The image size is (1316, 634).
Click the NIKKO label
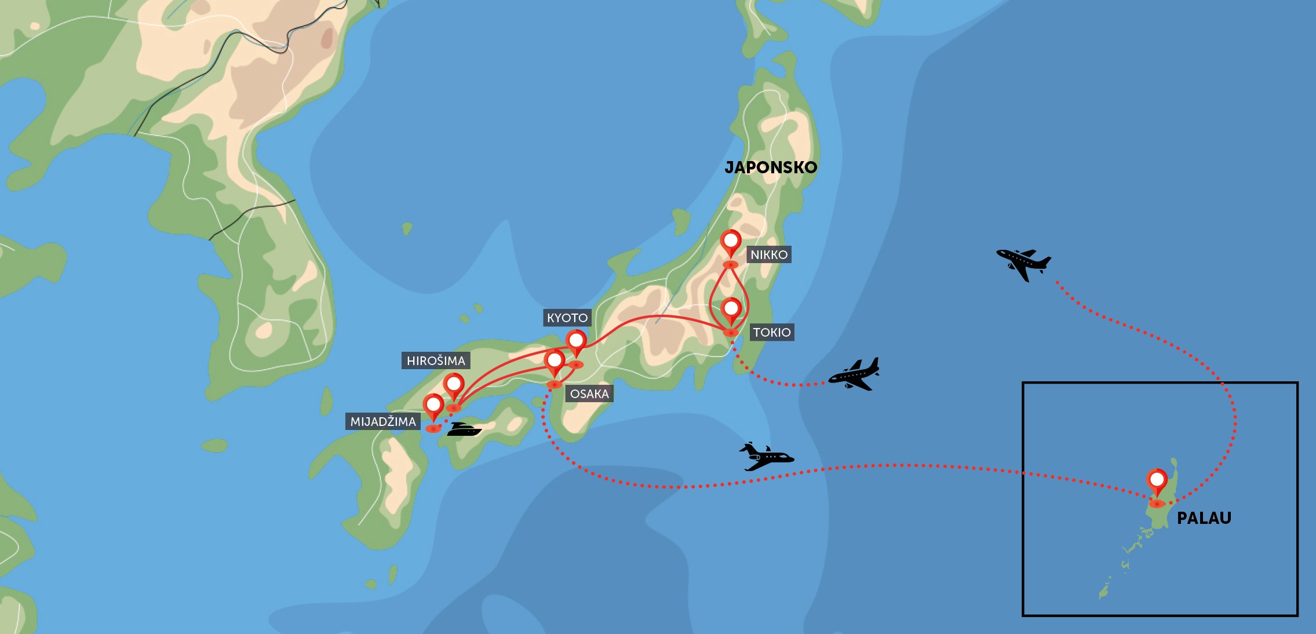point(768,254)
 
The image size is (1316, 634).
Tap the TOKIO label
point(771,332)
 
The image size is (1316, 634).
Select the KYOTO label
point(567,318)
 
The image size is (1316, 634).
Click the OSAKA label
point(589,393)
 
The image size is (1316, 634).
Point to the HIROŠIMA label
point(436,360)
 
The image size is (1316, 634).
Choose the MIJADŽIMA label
point(383,421)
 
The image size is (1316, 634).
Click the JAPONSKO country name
point(771,167)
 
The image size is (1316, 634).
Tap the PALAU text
point(1204,518)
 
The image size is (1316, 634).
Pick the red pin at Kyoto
point(576,341)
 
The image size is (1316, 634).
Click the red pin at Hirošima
point(454,384)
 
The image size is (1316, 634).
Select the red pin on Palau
point(1157,480)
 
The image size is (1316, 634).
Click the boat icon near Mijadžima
point(464,429)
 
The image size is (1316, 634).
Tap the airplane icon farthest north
point(1023,264)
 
